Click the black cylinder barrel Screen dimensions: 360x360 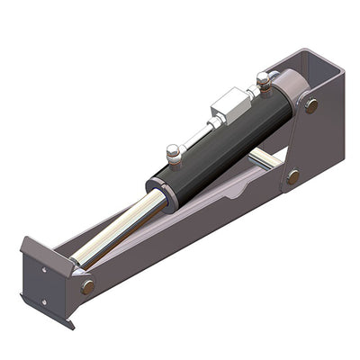tap(225, 144)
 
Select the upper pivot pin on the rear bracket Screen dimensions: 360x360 tap(311, 105)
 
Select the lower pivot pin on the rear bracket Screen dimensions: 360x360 tap(293, 177)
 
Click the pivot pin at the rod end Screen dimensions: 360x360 tap(87, 286)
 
